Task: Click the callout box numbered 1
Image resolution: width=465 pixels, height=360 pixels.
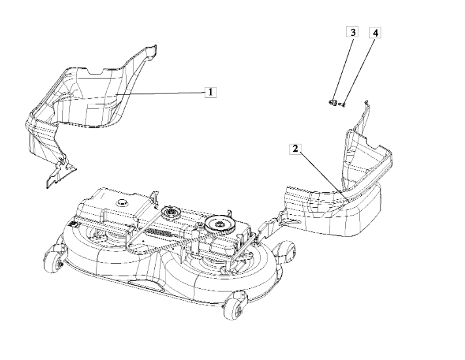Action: coord(211,92)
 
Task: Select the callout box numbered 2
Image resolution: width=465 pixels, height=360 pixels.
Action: coord(295,149)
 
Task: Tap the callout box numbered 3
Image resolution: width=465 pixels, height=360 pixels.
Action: coord(353,32)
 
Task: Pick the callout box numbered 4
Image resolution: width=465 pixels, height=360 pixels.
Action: coord(375,33)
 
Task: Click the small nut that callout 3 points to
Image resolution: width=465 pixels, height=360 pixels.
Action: coord(333,103)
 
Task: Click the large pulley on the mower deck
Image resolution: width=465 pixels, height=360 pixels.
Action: coord(220,223)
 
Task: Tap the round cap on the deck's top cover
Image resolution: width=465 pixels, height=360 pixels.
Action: coord(122,203)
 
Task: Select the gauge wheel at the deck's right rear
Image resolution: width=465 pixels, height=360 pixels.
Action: coord(287,251)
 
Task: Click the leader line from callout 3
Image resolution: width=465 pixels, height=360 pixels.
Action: coord(343,69)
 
